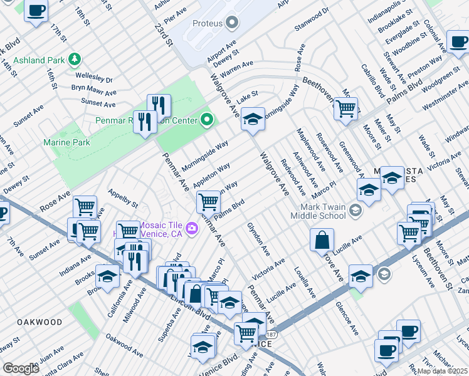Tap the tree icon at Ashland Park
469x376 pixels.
[75, 60]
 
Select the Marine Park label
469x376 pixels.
[66, 142]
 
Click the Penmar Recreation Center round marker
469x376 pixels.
[207, 119]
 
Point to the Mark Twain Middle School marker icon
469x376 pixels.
[356, 210]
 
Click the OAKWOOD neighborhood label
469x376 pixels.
[40, 322]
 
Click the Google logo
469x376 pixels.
[21, 368]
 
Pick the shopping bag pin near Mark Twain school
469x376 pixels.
[322, 240]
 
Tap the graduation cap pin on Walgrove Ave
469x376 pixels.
[252, 119]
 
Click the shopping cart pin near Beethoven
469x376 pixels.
[345, 109]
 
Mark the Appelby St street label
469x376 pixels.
[123, 199]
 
